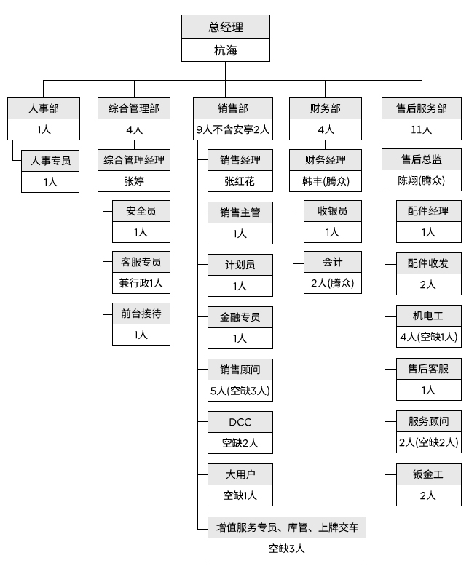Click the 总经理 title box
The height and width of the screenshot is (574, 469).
click(225, 28)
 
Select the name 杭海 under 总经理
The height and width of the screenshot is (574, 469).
click(225, 51)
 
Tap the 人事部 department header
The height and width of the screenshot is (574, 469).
click(44, 108)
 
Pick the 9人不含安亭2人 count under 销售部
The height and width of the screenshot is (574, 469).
click(233, 130)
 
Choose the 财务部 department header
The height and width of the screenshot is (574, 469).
click(326, 108)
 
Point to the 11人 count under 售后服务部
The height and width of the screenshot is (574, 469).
click(422, 130)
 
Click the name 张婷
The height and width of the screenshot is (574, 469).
click(135, 181)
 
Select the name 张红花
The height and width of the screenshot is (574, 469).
click(240, 181)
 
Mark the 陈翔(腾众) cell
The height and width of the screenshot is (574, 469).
click(422, 181)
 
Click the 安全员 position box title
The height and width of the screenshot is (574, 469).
click(141, 211)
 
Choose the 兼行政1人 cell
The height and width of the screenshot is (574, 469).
click(141, 283)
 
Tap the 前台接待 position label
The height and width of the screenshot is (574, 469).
click(141, 314)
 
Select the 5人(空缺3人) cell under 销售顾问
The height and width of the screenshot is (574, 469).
click(240, 391)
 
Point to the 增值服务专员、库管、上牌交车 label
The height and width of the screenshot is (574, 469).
click(287, 527)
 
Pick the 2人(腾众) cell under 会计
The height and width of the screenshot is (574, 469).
click(332, 282)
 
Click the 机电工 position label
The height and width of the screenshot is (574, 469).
click(428, 316)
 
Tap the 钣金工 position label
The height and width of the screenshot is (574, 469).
click(428, 474)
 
